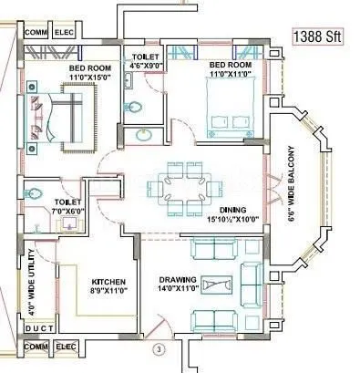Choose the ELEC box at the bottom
click(x=66, y=347)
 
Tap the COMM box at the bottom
click(x=36, y=347)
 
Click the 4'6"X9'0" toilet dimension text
click(x=144, y=66)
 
